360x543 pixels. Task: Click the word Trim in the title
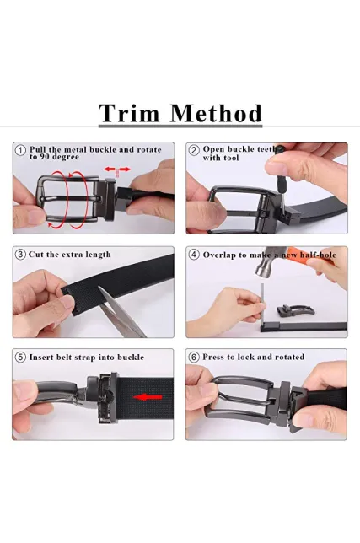[129, 113]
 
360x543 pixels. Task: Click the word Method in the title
[217, 113]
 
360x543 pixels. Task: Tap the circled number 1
[21, 151]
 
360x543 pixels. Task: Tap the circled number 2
[194, 150]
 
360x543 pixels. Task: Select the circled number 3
[20, 255]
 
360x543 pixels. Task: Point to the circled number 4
[194, 255]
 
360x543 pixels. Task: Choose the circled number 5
[20, 357]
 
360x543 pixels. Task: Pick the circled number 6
[194, 357]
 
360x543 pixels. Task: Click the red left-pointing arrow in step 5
[148, 397]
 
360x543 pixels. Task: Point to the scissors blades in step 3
[122, 311]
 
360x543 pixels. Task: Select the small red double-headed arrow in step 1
[117, 169]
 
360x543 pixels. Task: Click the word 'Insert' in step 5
[41, 357]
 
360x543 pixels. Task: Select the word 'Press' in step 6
[213, 357]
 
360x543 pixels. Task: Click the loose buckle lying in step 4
[295, 310]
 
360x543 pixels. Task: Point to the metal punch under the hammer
[262, 304]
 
